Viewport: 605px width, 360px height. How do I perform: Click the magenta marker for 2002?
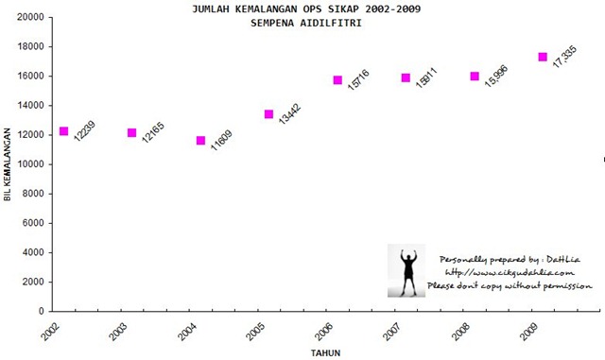coord(63,131)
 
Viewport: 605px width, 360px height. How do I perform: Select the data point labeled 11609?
coord(200,141)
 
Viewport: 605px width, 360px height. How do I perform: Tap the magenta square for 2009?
coord(543,57)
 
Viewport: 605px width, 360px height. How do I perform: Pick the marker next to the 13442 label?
coord(268,114)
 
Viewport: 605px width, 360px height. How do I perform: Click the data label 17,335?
coord(565,57)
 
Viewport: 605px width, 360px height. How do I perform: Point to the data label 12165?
coord(153,132)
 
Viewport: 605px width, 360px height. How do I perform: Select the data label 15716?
coord(358,80)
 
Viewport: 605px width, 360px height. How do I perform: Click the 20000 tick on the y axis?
coord(31,17)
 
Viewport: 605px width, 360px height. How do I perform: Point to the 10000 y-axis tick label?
coord(31,164)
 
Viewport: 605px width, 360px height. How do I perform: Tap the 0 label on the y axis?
coord(42,312)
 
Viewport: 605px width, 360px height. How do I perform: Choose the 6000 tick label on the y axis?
coord(33,223)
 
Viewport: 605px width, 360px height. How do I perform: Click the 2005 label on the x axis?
coord(255,332)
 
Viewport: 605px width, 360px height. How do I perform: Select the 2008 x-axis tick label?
coord(460,332)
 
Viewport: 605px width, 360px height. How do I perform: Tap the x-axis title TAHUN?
coord(325,353)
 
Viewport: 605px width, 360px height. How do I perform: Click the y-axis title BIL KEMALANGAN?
coord(8,164)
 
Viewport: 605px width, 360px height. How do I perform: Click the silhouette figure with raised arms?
coord(406,270)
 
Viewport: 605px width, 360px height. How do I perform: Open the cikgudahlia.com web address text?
coord(510,272)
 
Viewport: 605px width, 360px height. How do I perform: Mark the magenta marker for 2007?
coord(406,77)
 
